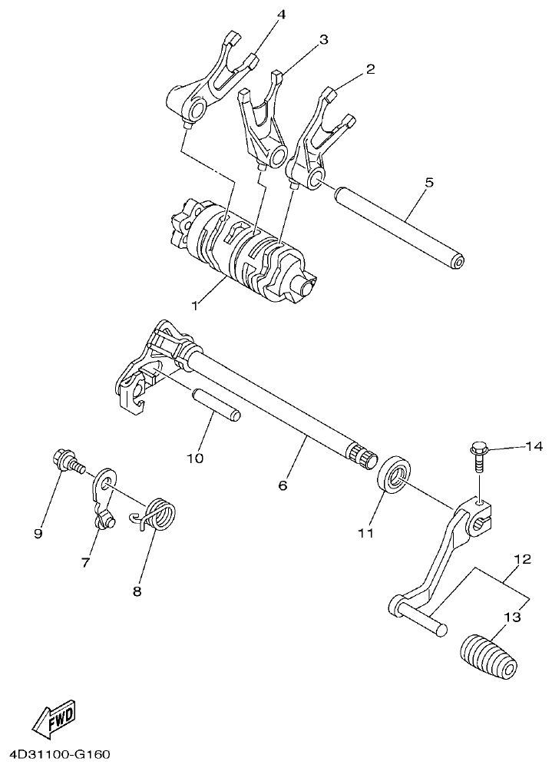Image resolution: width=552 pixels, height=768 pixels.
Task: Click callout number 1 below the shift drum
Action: pyautogui.click(x=195, y=306)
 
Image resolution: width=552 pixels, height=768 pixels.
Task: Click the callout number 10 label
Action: pyautogui.click(x=194, y=458)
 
